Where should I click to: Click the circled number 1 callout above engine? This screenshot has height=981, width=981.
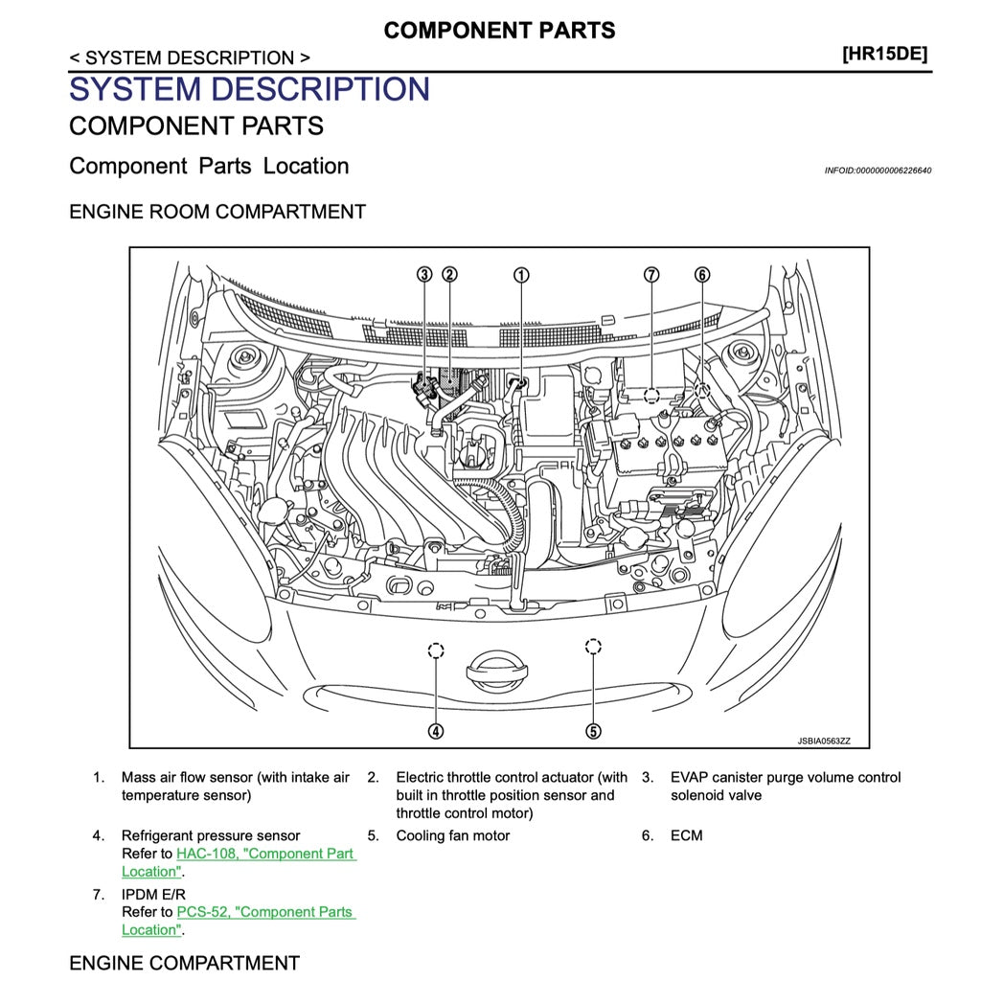tap(520, 275)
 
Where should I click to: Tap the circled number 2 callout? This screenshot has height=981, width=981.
tap(448, 275)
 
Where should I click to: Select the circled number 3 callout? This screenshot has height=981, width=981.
tap(424, 275)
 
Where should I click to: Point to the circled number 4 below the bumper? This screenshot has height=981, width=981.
tap(436, 731)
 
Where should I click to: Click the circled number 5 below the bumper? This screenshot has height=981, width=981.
tap(593, 731)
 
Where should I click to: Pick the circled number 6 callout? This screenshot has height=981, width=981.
tap(702, 275)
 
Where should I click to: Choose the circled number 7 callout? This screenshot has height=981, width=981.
tap(651, 275)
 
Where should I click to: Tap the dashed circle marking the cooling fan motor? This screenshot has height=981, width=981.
tap(593, 647)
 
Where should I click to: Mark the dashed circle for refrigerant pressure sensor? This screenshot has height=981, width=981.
tap(436, 651)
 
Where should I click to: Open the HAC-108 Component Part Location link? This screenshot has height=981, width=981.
tap(265, 854)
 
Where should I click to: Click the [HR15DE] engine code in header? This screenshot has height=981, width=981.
tap(884, 55)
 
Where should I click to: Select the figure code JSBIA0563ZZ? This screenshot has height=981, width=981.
tap(823, 741)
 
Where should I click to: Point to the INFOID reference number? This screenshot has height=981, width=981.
tap(878, 171)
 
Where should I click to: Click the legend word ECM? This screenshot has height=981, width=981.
tap(686, 835)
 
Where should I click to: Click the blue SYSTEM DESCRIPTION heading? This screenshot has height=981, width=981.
tap(249, 89)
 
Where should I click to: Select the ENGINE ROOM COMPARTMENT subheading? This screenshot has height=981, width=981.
tap(217, 212)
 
